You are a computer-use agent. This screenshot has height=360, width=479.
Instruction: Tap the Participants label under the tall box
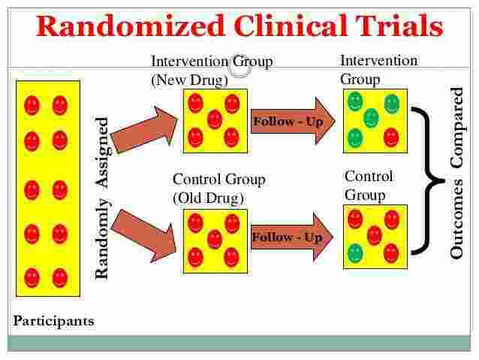pyautogui.click(x=54, y=321)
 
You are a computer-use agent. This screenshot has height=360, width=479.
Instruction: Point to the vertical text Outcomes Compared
pyautogui.click(x=456, y=174)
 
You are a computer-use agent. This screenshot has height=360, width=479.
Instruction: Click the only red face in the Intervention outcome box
pyautogui.click(x=390, y=137)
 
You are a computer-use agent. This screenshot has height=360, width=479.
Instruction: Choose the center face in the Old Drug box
pyautogui.click(x=215, y=238)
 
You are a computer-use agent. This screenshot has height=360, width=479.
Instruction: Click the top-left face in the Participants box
pyautogui.click(x=32, y=106)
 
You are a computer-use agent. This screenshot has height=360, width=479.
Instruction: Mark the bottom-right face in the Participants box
pyautogui.click(x=60, y=277)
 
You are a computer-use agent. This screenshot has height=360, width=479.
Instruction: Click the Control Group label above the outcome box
pyautogui.click(x=369, y=186)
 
